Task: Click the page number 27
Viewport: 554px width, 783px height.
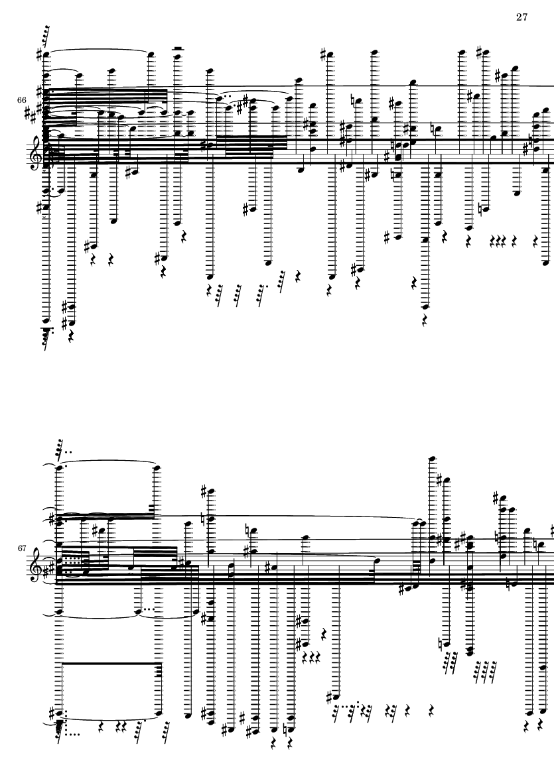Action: pos(521,17)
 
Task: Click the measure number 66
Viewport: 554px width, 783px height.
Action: pos(21,100)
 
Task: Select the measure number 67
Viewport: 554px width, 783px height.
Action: pos(21,548)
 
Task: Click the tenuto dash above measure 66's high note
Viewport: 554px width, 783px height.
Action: pos(177,48)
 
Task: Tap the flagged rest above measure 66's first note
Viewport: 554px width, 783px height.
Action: pos(46,35)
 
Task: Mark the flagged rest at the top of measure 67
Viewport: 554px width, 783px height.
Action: pos(59,450)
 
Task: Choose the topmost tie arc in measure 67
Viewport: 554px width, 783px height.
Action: pos(108,464)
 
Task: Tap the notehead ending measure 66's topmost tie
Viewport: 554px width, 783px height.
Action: pos(151,54)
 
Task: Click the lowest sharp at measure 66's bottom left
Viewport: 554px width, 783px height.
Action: pos(64,323)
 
